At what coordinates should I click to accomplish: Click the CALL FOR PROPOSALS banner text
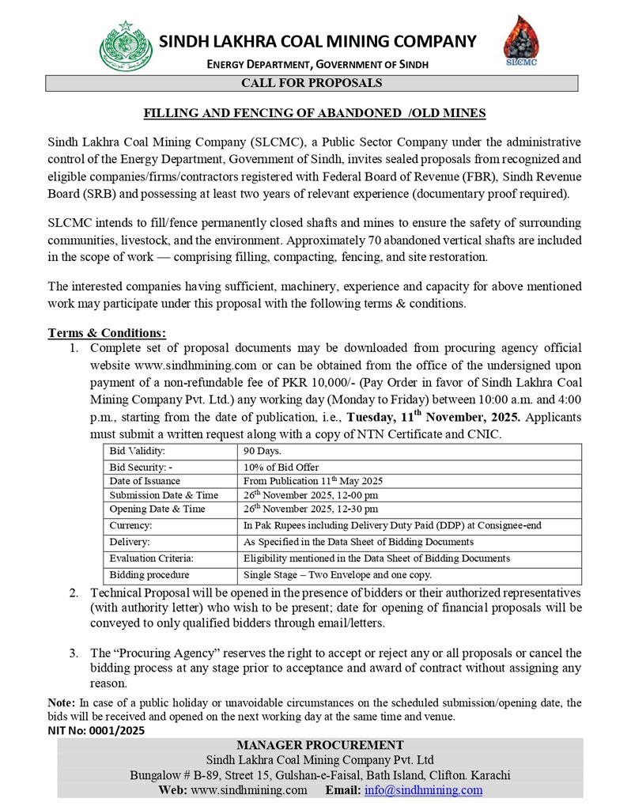point(312,83)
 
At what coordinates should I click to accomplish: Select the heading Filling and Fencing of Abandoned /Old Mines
point(314,113)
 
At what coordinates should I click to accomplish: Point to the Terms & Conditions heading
point(107,333)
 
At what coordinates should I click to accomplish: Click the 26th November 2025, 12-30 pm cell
point(310,509)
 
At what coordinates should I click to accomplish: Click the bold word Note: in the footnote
point(61,702)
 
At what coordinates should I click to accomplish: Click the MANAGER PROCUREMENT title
point(319,745)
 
